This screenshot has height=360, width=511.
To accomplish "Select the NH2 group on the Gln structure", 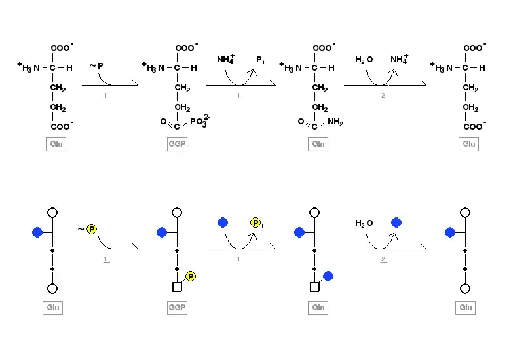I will point(335,122).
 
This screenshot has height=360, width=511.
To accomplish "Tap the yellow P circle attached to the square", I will point(191,276).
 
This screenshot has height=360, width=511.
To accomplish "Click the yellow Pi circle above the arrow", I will point(255,223).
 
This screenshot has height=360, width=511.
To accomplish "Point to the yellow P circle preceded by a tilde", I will point(92,229).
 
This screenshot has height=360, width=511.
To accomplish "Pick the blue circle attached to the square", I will point(328,276).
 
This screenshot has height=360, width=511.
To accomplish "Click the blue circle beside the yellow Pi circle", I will point(223,223).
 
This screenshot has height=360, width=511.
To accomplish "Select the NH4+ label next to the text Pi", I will point(226,60).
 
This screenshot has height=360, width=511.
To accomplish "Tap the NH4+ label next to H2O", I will point(399,60).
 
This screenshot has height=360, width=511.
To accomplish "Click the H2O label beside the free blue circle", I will point(364,223).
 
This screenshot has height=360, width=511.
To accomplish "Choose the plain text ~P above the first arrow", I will point(96,65).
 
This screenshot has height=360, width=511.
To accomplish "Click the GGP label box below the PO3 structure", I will point(177,144).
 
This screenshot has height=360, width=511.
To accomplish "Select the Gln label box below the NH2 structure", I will point(318,144).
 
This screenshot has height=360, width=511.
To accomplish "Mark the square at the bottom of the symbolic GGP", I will point(177,287).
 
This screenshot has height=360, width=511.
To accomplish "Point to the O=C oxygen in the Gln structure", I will point(301,122).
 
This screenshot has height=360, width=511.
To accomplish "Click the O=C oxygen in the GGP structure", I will point(164,122).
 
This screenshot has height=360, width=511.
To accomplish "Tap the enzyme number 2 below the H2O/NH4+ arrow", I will point(383,96).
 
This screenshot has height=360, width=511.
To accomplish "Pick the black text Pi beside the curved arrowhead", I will point(260,60).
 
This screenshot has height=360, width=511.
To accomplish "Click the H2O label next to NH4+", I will point(364,60).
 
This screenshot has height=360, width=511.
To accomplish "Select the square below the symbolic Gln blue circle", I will point(314,287).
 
